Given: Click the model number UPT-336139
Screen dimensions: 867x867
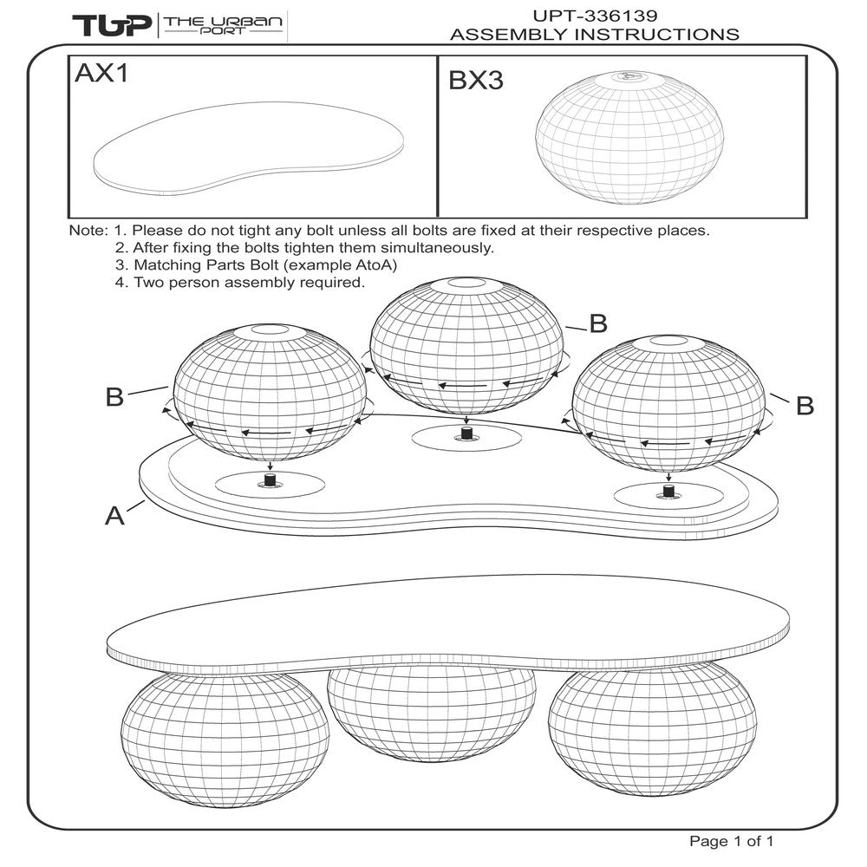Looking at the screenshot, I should tap(595, 15).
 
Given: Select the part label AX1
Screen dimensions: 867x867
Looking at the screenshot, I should tap(101, 75).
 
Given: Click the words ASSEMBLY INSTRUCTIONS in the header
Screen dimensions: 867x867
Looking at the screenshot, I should tap(595, 35).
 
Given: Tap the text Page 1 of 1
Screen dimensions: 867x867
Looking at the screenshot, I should tap(730, 841).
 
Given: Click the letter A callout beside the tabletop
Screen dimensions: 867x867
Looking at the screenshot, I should tap(114, 516).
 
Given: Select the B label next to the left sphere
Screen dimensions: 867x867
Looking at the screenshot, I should tap(115, 398).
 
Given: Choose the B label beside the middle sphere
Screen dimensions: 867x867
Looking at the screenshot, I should tap(597, 324).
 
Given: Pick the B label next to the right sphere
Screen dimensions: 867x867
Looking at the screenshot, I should tap(804, 405).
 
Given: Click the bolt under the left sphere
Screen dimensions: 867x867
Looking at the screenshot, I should tap(269, 479).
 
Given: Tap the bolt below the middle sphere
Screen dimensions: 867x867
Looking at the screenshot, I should tap(466, 432).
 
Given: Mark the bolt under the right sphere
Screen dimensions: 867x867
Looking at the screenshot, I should tap(668, 491).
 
